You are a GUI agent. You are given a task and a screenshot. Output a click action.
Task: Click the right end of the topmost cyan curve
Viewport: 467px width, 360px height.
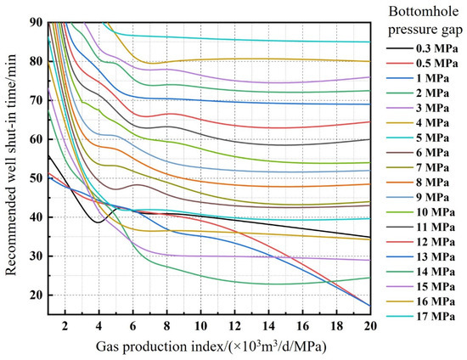369,42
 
